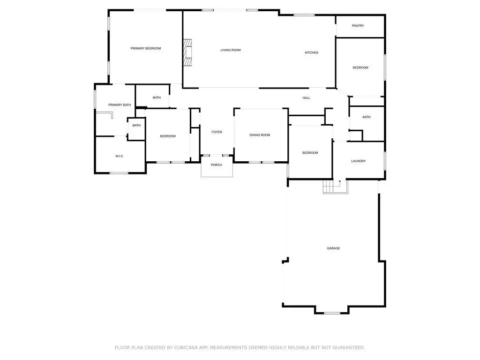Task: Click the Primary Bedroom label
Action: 146,48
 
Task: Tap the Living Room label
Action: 231,50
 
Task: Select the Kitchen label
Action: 312,52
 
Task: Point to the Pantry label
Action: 358,26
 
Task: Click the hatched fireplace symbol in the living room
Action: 187,52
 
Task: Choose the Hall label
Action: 306,98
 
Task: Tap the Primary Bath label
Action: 120,105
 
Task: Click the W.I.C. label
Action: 120,157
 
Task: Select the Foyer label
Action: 217,132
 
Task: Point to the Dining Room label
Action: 260,135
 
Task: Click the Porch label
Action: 216,165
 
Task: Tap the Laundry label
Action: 358,161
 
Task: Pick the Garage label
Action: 333,248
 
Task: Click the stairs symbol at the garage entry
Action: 336,187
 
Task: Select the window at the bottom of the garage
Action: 332,313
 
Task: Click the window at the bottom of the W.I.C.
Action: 119,173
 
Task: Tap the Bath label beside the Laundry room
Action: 367,117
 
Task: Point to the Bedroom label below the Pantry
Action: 360,67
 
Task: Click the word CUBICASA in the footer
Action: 186,347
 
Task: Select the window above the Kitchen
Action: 304,15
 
